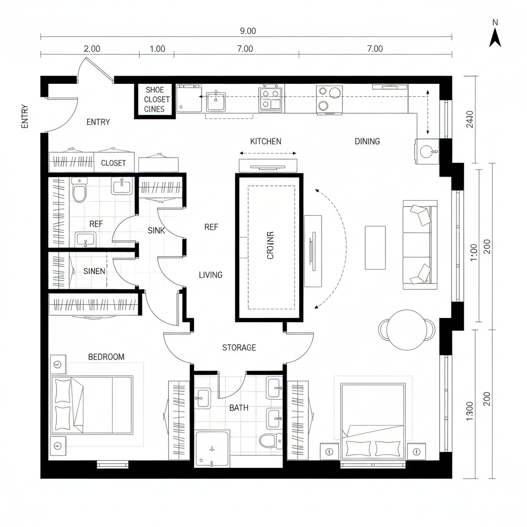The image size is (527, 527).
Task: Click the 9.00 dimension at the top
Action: coord(248,31)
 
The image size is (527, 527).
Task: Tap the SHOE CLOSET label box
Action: coord(154,100)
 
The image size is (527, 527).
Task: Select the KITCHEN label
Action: coord(266,141)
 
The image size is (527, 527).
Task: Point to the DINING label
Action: coord(367,141)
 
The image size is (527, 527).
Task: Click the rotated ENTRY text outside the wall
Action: coord(25,117)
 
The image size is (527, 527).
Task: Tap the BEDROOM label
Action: coord(106,357)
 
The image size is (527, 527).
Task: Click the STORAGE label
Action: coord(239,348)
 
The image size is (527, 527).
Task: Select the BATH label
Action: coord(238,408)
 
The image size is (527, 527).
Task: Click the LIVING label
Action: coord(210,275)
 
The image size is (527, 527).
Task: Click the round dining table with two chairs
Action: coord(407,329)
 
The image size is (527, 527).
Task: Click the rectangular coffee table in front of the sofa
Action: coord(375,247)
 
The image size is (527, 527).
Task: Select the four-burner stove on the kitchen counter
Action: coord(271,99)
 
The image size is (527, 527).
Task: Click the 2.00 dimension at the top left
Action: coord(92,49)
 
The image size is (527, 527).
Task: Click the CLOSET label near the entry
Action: coord(113,163)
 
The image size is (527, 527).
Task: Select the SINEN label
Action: coord(94,271)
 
